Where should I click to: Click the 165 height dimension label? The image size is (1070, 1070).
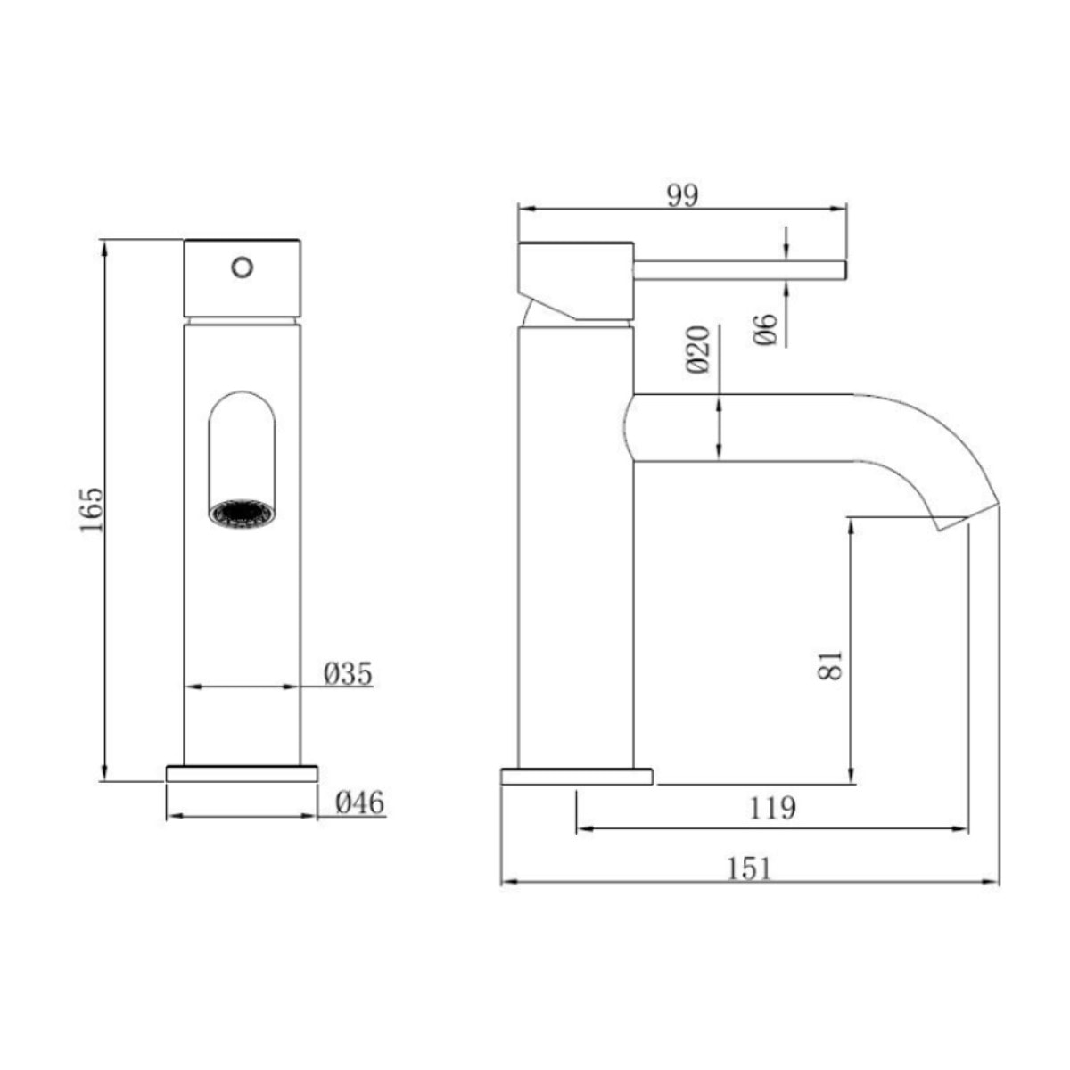pos(91,510)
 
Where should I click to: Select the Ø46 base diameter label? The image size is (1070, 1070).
pos(359,803)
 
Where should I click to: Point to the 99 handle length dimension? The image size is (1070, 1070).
pos(683,194)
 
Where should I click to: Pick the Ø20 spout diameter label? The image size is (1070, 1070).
pos(698,350)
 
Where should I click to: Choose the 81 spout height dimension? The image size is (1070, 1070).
pos(830,664)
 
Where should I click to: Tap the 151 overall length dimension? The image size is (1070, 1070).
pos(749,868)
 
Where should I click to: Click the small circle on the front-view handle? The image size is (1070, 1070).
pos(242,266)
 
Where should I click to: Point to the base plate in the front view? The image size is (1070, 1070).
pos(242,773)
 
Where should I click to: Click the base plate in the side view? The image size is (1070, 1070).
pos(577,777)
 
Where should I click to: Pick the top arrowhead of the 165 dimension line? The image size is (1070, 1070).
pos(105,246)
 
